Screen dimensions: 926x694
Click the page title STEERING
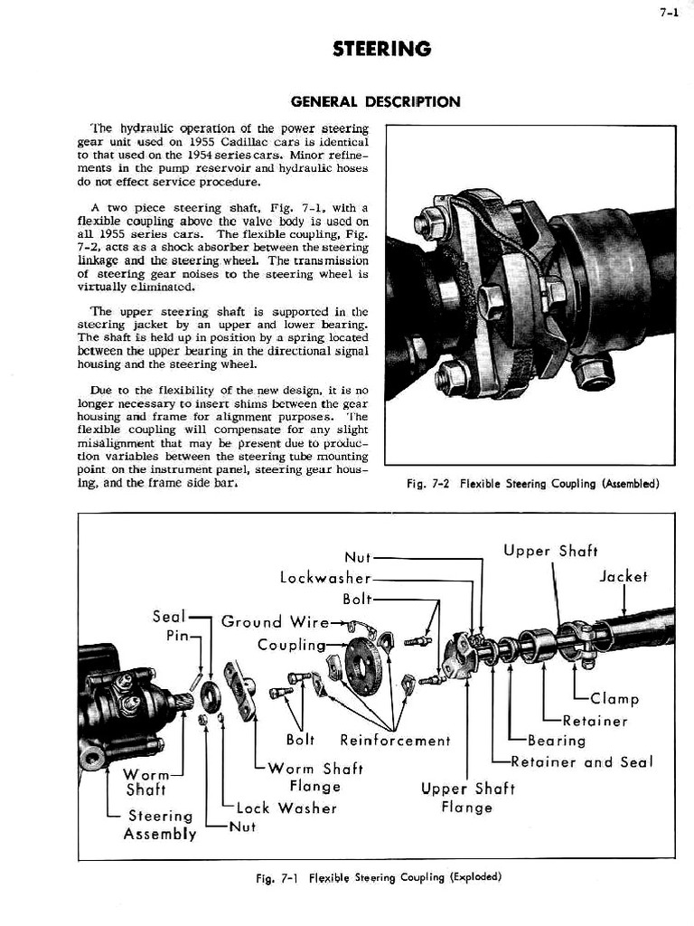point(380,49)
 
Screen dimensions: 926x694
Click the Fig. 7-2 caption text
point(532,483)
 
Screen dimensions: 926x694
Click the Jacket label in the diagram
point(624,576)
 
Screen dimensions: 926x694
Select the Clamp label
point(614,698)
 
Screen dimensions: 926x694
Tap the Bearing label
point(557,741)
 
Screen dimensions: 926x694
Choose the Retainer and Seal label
point(581,761)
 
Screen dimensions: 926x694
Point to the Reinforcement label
point(395,741)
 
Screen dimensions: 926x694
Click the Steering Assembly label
point(160,825)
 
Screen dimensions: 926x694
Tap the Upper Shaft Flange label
point(467,798)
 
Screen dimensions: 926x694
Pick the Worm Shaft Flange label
point(314,778)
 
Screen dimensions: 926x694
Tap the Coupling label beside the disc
point(291,645)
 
